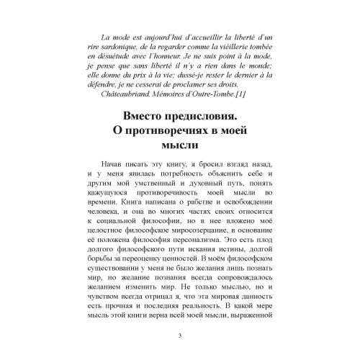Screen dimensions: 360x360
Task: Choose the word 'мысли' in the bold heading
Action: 179,153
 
